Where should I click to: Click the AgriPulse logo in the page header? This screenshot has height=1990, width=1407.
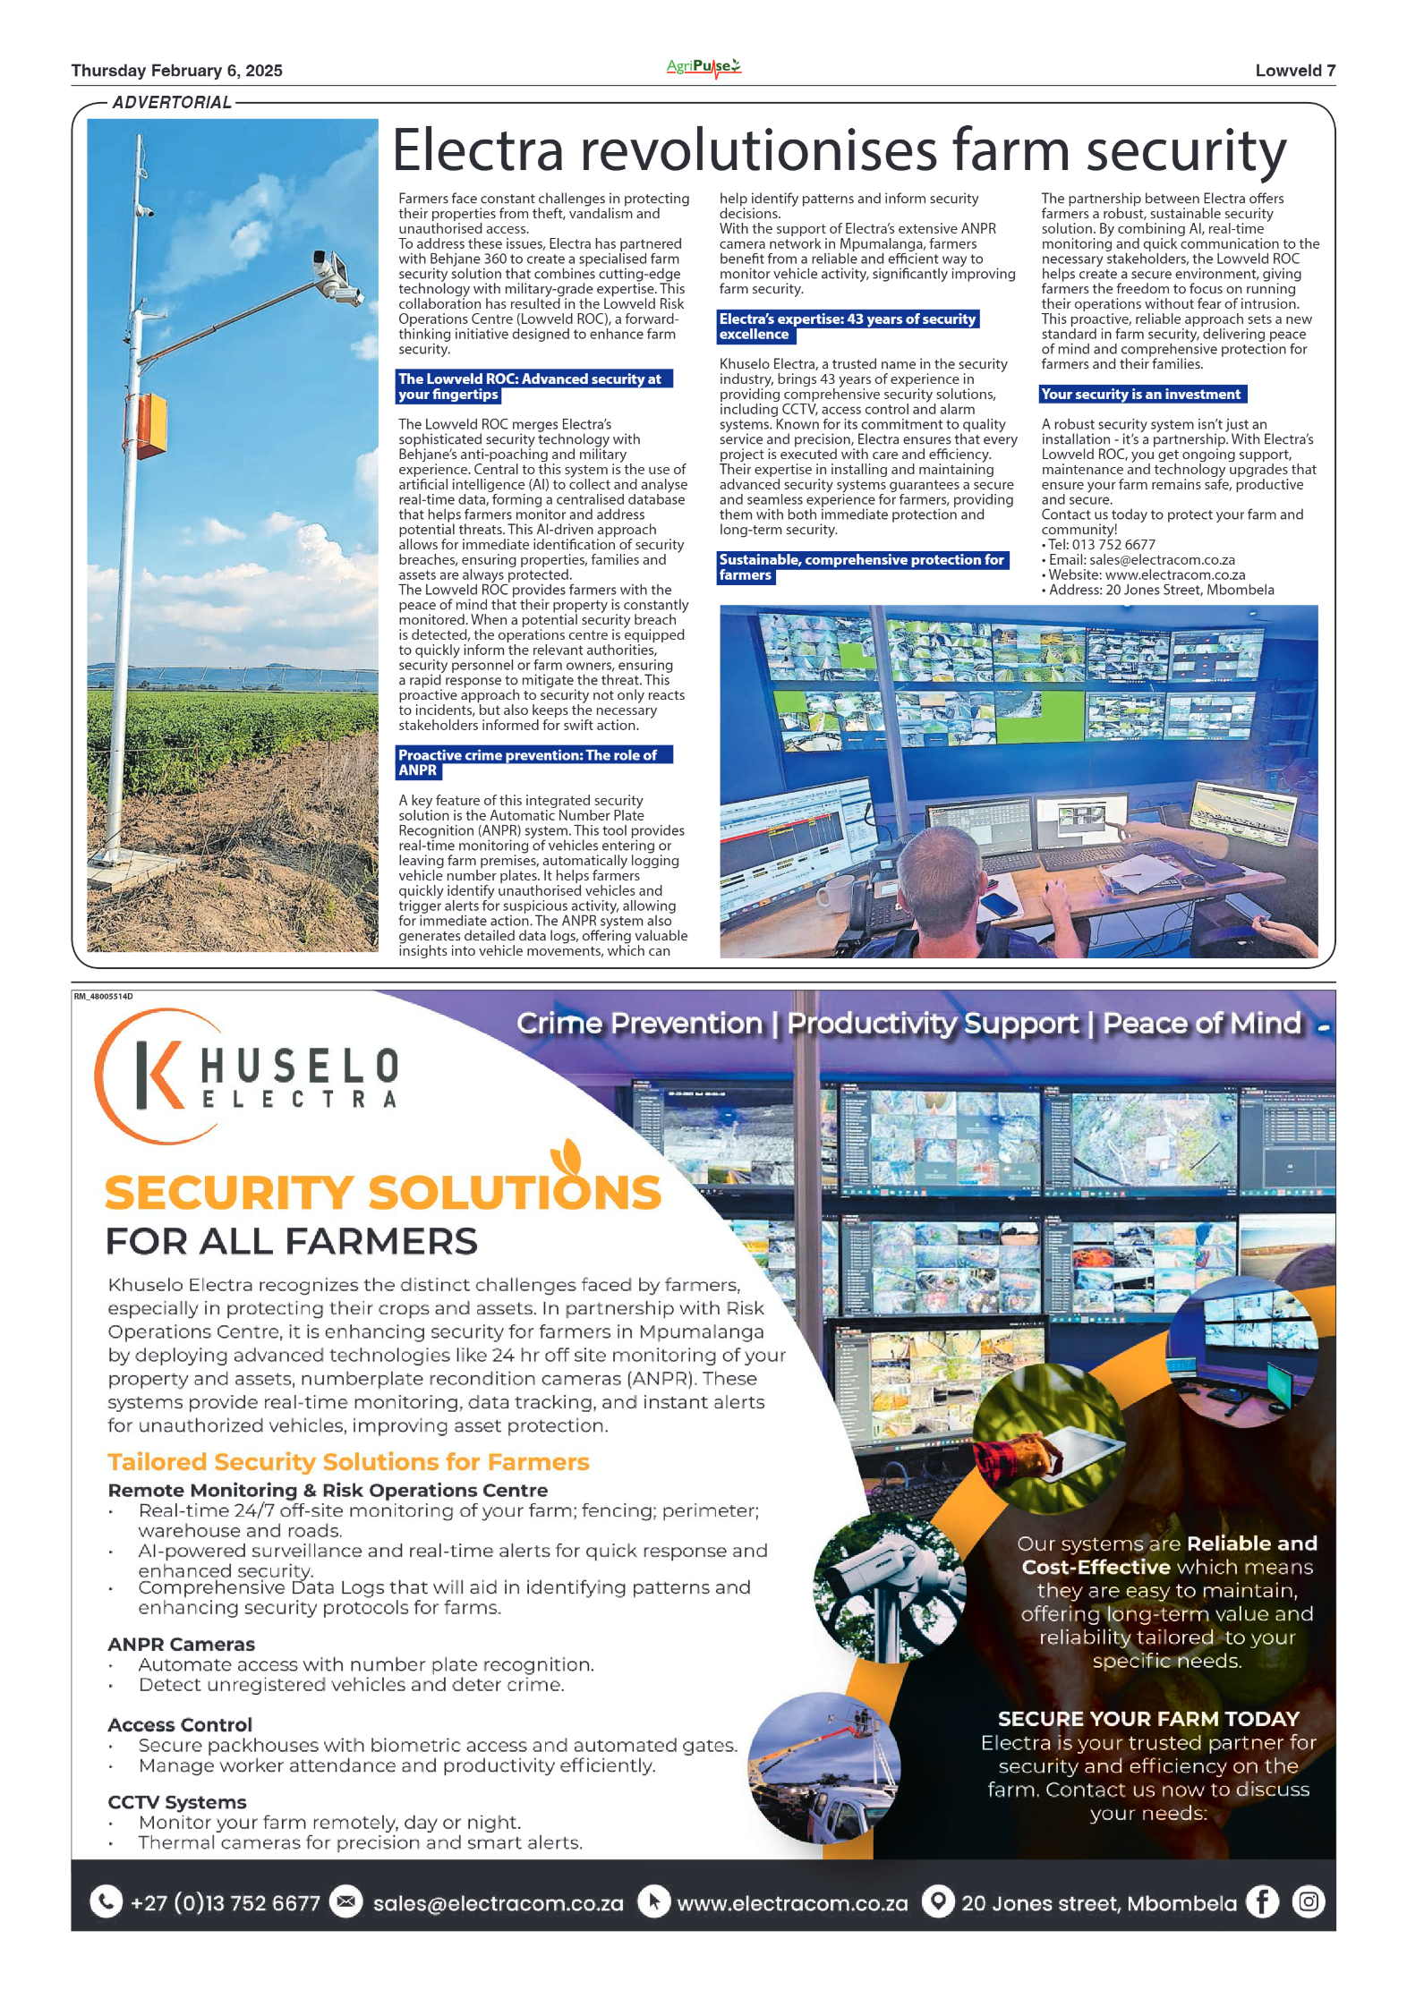coord(703,67)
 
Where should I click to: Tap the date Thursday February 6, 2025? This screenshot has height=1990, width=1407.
coord(176,71)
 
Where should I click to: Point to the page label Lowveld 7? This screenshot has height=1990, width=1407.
coord(1294,71)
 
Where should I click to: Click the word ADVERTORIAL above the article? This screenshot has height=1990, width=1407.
coord(172,103)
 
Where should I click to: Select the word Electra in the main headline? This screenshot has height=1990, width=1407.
coord(478,150)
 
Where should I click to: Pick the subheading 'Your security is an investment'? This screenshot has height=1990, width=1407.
coord(1141,395)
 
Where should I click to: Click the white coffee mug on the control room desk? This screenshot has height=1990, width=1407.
coord(834,894)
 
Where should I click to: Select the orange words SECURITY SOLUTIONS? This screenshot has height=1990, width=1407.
coord(382,1193)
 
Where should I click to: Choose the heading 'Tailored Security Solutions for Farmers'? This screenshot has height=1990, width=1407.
coord(348,1462)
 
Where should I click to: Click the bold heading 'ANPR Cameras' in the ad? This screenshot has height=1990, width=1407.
coord(181,1645)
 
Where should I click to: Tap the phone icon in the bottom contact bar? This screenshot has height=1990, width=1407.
coord(107,1902)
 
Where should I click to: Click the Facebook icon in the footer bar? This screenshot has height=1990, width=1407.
coord(1262,1902)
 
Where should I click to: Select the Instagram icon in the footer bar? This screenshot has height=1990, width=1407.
coord(1308,1902)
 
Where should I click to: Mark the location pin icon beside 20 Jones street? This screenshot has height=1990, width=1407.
coord(937,1902)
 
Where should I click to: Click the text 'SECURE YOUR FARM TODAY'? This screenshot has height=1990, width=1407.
coord(1147,1719)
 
